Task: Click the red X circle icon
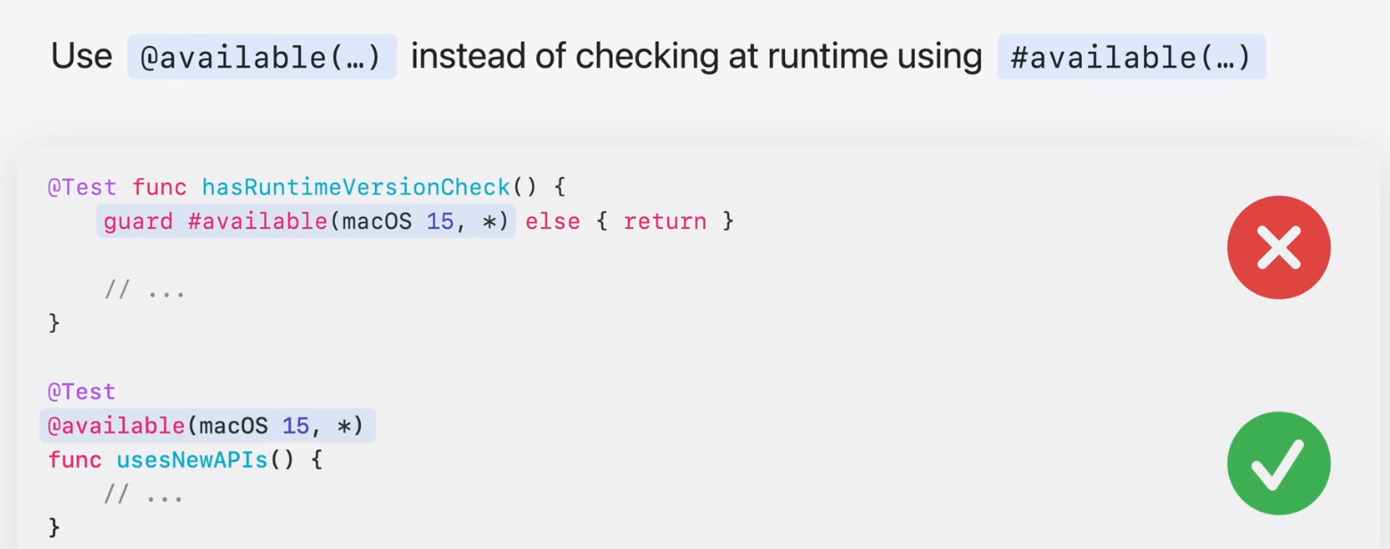pos(1279,247)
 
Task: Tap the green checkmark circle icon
pos(1279,463)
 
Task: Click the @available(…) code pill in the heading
pos(261,57)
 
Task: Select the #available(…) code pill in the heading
pos(1131,57)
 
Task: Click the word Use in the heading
pos(81,57)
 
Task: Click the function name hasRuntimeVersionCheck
pos(356,188)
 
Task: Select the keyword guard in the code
pos(138,221)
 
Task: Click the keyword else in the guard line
pos(552,221)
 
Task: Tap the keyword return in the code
pos(664,221)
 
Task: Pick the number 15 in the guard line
pos(440,221)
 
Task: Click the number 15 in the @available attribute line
pos(295,426)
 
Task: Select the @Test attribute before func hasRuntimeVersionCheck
pos(82,188)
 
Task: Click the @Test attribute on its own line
pos(82,392)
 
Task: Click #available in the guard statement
pos(258,221)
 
